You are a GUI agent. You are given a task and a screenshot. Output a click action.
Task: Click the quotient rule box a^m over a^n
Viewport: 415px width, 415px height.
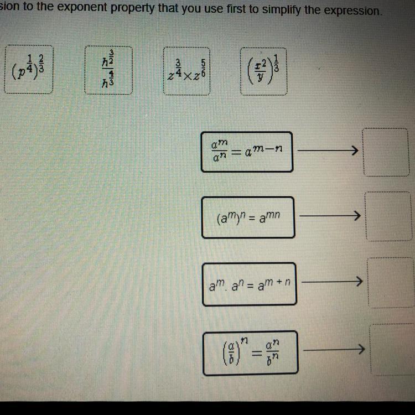tap(247, 152)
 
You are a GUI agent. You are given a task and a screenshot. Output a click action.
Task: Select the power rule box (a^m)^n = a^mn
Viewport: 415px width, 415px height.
tap(248, 217)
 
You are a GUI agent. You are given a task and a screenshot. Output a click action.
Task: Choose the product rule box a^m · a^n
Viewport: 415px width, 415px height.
tap(249, 284)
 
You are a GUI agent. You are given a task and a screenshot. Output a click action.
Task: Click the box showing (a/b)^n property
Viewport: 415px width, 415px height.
tap(250, 351)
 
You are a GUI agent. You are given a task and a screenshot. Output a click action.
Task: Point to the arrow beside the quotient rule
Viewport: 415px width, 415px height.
tap(328, 150)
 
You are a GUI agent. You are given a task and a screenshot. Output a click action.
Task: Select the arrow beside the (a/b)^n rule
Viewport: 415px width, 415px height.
tap(335, 350)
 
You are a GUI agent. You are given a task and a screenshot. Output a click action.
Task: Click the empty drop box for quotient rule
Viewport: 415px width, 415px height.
tap(386, 151)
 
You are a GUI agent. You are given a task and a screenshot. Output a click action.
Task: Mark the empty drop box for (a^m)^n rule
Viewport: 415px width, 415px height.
tap(388, 216)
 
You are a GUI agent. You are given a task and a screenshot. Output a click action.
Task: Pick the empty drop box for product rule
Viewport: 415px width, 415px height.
tap(390, 282)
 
